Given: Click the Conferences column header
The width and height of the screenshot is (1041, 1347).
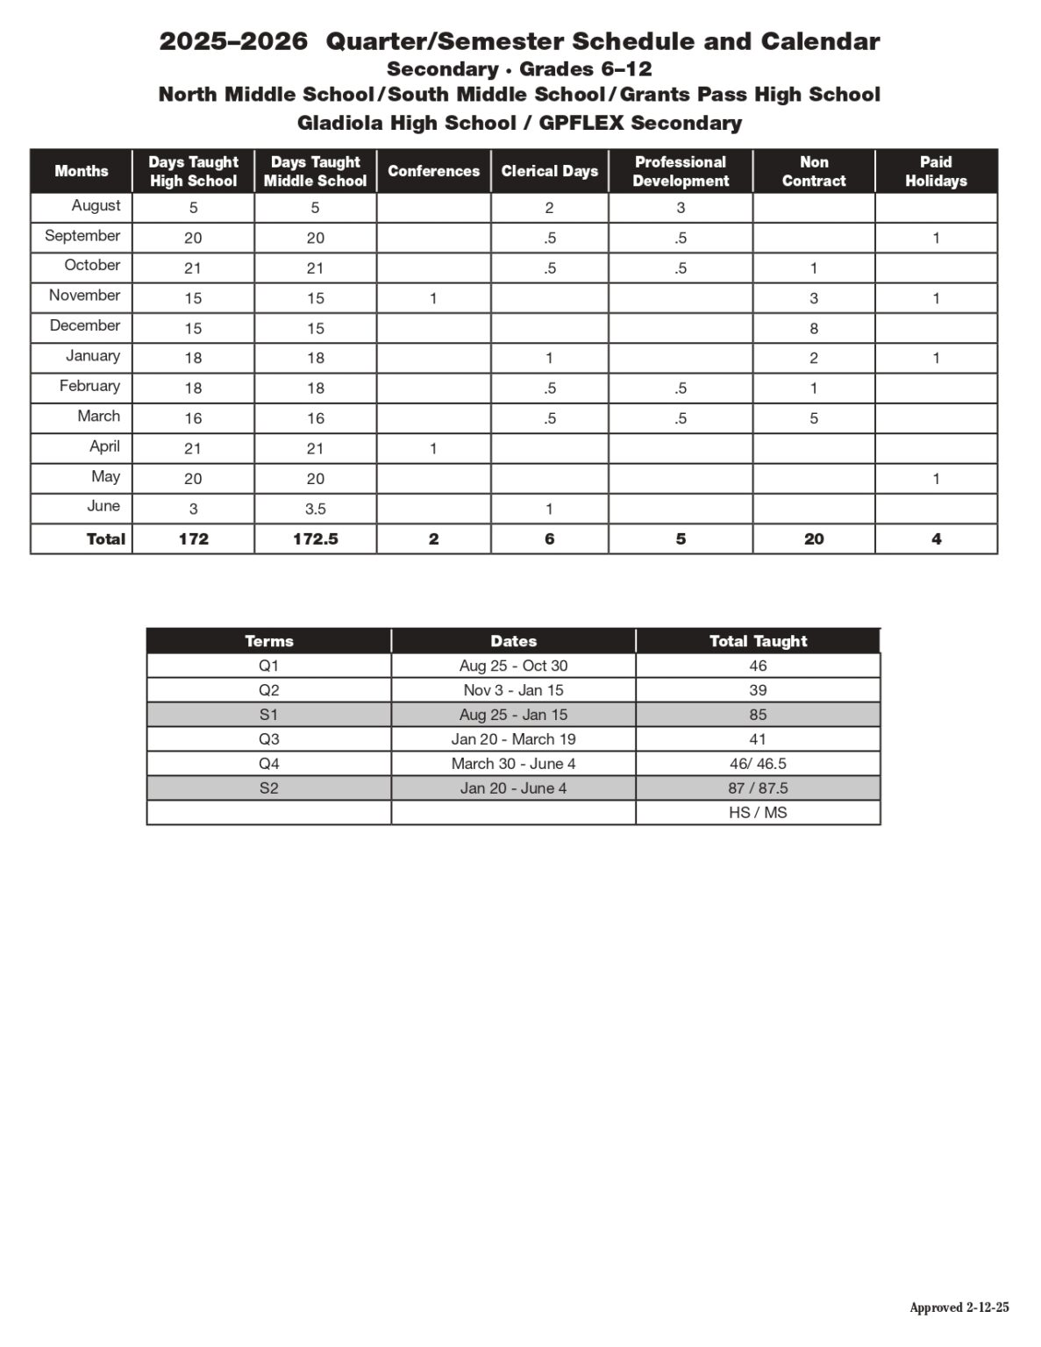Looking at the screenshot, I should [x=433, y=171].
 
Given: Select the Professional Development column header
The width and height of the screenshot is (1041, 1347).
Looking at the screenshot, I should [x=681, y=171].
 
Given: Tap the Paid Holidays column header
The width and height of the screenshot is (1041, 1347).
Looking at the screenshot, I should [x=936, y=171].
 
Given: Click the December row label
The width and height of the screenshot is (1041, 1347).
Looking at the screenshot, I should [x=85, y=325].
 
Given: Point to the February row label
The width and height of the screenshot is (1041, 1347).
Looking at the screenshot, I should [x=89, y=386].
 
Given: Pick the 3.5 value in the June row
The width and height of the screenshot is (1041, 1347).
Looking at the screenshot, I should [x=315, y=509].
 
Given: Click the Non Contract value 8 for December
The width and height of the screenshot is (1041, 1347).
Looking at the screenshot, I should [x=814, y=328].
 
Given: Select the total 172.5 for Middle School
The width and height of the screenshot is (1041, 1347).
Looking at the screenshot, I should [x=315, y=539].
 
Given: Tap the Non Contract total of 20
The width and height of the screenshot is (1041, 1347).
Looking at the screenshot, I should [x=814, y=539].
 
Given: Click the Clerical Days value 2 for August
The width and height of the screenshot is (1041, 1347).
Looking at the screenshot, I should [x=549, y=208].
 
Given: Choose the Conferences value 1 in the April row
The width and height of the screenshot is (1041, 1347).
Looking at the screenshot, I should [x=433, y=448].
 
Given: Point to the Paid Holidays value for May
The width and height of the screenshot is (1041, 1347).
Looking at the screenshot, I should [x=936, y=479].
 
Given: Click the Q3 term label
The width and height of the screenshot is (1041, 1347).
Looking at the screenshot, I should [x=268, y=739].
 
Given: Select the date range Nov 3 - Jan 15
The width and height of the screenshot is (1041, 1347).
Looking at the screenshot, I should [x=513, y=690].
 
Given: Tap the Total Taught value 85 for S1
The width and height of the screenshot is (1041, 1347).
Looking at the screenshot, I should [x=758, y=715].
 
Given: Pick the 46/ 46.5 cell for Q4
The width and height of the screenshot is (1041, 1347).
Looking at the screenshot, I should [x=758, y=764].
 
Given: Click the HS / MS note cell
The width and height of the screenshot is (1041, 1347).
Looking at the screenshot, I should [x=758, y=813].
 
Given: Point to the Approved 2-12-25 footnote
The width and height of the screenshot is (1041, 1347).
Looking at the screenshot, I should [x=959, y=1308].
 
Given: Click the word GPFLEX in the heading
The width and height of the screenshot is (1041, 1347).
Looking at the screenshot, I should [x=581, y=123].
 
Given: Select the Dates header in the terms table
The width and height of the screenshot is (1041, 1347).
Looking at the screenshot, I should [x=513, y=641].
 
